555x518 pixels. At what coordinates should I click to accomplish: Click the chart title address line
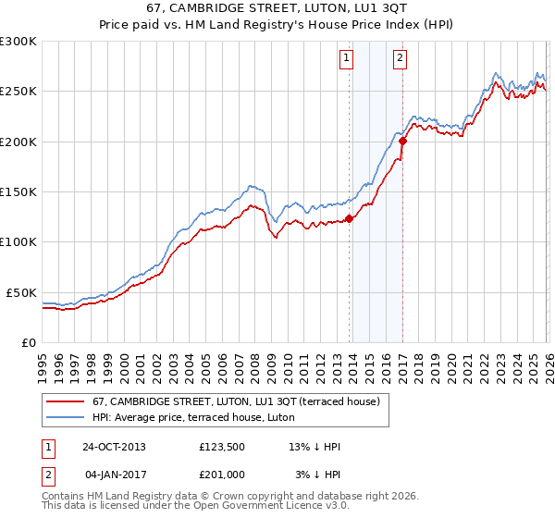277,8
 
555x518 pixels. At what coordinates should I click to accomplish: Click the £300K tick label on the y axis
18,42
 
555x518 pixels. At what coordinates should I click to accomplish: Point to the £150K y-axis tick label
18,191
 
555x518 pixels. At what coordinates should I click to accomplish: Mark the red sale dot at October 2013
350,219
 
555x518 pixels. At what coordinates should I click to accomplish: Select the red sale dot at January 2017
402,142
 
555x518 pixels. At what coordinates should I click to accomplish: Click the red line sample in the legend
65,402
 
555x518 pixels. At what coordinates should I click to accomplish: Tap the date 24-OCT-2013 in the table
114,447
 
